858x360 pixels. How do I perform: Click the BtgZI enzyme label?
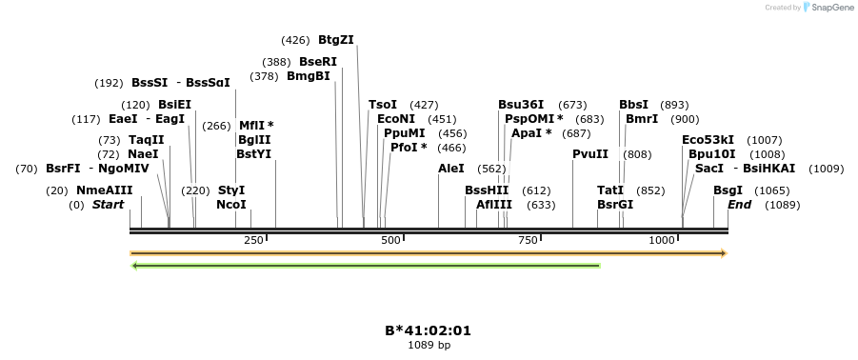click(335, 40)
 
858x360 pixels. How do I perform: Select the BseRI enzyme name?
click(317, 62)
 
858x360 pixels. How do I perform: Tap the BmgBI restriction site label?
click(308, 76)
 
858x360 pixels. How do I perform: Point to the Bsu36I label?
click(521, 105)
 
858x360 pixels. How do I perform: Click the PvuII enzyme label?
click(590, 154)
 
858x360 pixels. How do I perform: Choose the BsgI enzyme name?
click(728, 190)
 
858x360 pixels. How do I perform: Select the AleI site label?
click(451, 169)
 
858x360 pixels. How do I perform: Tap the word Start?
click(108, 205)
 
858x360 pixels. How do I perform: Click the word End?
click(740, 205)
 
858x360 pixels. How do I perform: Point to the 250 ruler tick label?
click(254, 240)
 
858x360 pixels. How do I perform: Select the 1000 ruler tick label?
click(663, 240)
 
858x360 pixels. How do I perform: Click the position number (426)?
click(295, 40)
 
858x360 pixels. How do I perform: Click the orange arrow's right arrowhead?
click(724, 253)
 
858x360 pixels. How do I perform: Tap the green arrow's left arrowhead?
click(135, 266)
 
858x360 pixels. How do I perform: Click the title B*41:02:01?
click(428, 330)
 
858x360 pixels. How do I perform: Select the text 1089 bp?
click(429, 345)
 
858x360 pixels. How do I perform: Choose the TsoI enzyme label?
click(383, 105)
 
